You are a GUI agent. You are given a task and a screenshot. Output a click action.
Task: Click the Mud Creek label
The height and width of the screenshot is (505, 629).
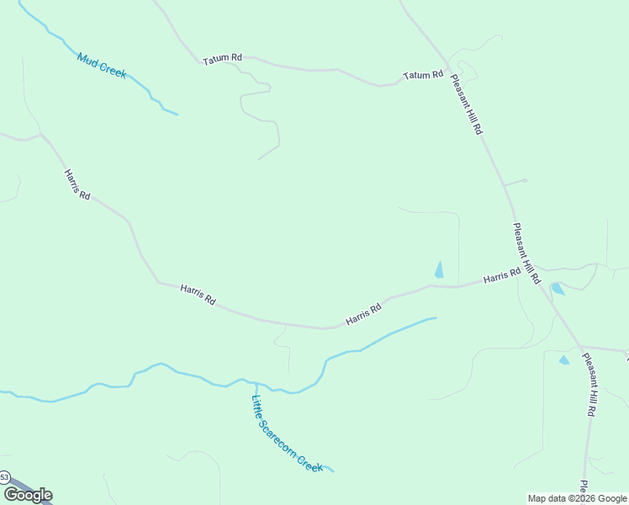102,66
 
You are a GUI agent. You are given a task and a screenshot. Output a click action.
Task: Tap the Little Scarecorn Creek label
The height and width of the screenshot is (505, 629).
287,433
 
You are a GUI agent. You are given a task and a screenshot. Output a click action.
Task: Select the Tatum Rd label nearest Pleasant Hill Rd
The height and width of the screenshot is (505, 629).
422,76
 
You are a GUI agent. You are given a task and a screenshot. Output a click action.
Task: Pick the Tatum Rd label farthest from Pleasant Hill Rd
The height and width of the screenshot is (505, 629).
222,58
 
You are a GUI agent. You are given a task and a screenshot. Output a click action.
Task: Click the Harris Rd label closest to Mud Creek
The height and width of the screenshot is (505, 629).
77,183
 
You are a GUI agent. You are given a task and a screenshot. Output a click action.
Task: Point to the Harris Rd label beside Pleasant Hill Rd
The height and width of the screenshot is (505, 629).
501,275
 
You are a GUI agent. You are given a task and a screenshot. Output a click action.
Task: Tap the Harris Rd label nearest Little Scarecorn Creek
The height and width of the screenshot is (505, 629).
363,314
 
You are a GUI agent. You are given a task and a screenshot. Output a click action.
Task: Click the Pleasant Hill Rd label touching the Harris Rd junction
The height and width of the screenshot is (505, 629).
526,252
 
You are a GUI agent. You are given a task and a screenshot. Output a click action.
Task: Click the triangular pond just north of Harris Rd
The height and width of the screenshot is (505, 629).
438,270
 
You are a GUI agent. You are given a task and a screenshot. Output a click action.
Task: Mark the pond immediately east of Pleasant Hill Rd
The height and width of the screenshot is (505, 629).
557,289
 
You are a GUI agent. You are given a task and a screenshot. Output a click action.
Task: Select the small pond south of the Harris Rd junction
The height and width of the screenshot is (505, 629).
564,360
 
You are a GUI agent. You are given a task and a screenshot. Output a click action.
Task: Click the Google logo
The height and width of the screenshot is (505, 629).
28,495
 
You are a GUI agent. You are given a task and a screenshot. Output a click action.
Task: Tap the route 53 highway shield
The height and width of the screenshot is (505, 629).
4,477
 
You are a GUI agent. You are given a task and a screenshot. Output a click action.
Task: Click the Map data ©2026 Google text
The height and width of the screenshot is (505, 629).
578,498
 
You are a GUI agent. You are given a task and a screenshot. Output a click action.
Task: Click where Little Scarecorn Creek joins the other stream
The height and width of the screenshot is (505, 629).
255,383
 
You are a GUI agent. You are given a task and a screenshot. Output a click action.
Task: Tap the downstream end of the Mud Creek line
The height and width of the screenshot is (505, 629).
177,114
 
